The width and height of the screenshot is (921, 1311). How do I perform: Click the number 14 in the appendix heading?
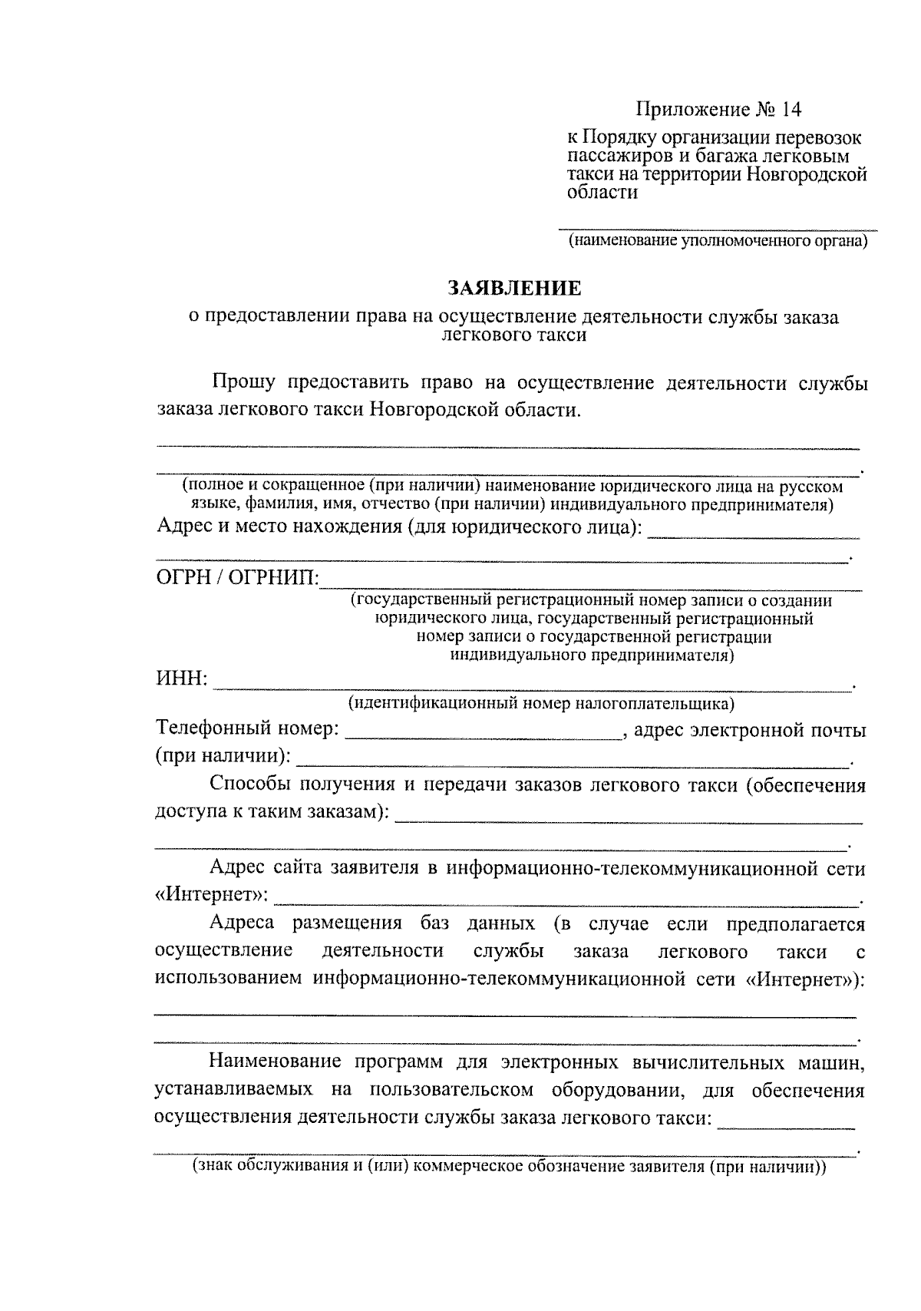pyautogui.click(x=791, y=110)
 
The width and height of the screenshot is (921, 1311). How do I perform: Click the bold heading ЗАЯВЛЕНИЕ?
pyautogui.click(x=515, y=289)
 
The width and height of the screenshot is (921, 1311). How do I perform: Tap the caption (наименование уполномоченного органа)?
pyautogui.click(x=718, y=242)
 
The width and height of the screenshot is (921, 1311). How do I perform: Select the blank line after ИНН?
pyautogui.click(x=531, y=685)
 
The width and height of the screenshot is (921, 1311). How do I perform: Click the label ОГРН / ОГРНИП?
pyautogui.click(x=238, y=577)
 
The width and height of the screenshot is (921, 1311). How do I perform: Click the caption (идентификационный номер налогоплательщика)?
pyautogui.click(x=540, y=703)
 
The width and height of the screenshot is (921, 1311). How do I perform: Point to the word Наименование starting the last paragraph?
pyautogui.click(x=276, y=1063)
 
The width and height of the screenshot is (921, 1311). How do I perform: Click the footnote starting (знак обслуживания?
pyautogui.click(x=507, y=1167)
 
